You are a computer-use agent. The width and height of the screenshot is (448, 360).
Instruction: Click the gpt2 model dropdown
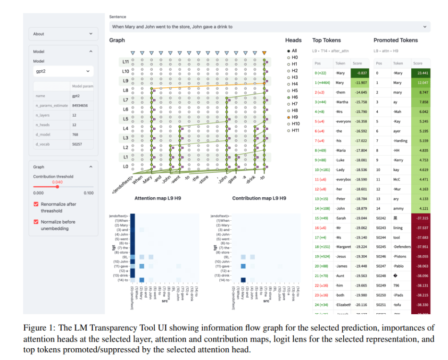click(63, 71)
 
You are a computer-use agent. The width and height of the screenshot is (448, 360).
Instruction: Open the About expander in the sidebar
click(63, 34)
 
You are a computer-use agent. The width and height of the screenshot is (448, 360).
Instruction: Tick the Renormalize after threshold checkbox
click(36, 204)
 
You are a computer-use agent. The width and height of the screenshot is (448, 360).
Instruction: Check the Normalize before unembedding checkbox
click(36, 222)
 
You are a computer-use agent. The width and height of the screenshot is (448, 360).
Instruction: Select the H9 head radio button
click(289, 117)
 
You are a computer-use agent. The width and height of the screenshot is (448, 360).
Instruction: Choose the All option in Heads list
click(289, 50)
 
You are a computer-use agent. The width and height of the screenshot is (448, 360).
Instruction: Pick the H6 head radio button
click(289, 97)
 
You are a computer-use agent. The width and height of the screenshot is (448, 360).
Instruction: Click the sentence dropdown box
click(269, 27)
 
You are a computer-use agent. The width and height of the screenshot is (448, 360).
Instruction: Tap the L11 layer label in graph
click(125, 62)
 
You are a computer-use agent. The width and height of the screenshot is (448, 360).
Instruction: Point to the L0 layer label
click(125, 167)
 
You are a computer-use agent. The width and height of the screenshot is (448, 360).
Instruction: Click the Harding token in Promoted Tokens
click(401, 140)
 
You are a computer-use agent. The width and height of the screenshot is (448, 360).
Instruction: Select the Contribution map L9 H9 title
click(259, 199)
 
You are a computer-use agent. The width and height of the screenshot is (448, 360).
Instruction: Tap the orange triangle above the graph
click(264, 53)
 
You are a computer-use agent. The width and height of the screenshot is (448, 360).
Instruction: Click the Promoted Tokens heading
click(396, 41)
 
